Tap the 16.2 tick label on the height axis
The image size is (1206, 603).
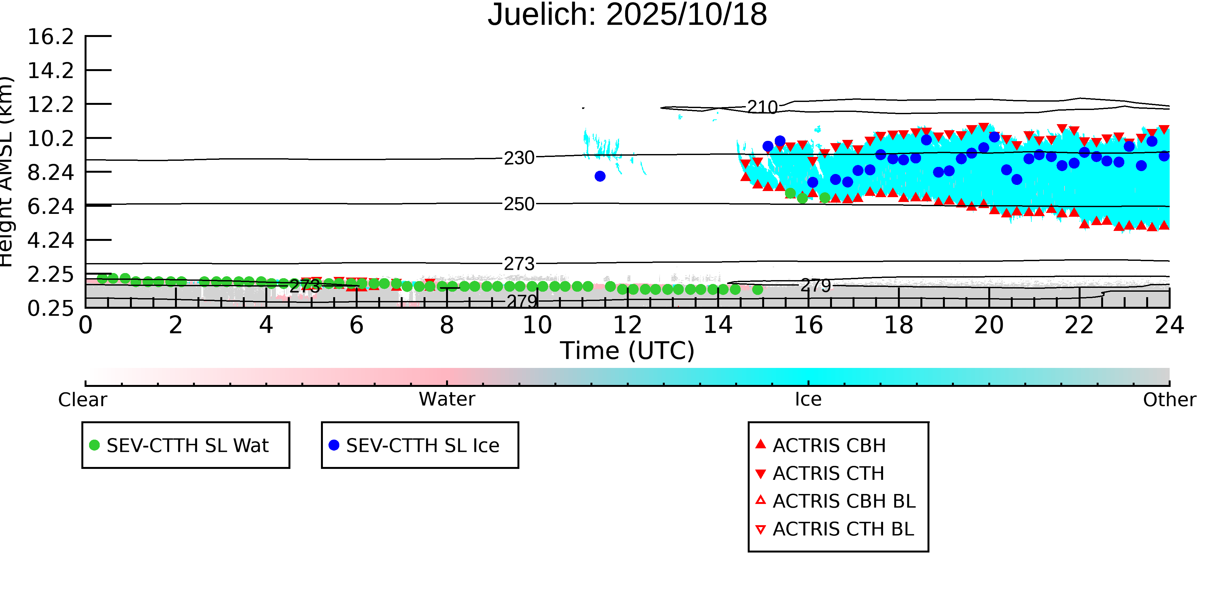[50, 37]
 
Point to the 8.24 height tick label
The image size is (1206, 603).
[50, 172]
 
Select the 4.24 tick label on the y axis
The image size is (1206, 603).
[50, 240]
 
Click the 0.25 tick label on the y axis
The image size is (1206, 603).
[50, 308]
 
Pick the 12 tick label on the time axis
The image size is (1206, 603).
[627, 325]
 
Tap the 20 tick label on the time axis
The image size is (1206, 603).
[989, 325]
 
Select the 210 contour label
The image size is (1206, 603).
[762, 107]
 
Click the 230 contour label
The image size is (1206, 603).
[519, 158]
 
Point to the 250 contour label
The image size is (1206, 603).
[519, 204]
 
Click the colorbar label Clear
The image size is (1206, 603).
[82, 400]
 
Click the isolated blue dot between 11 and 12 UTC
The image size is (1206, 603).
[600, 176]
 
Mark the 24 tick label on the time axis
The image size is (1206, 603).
[1169, 325]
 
